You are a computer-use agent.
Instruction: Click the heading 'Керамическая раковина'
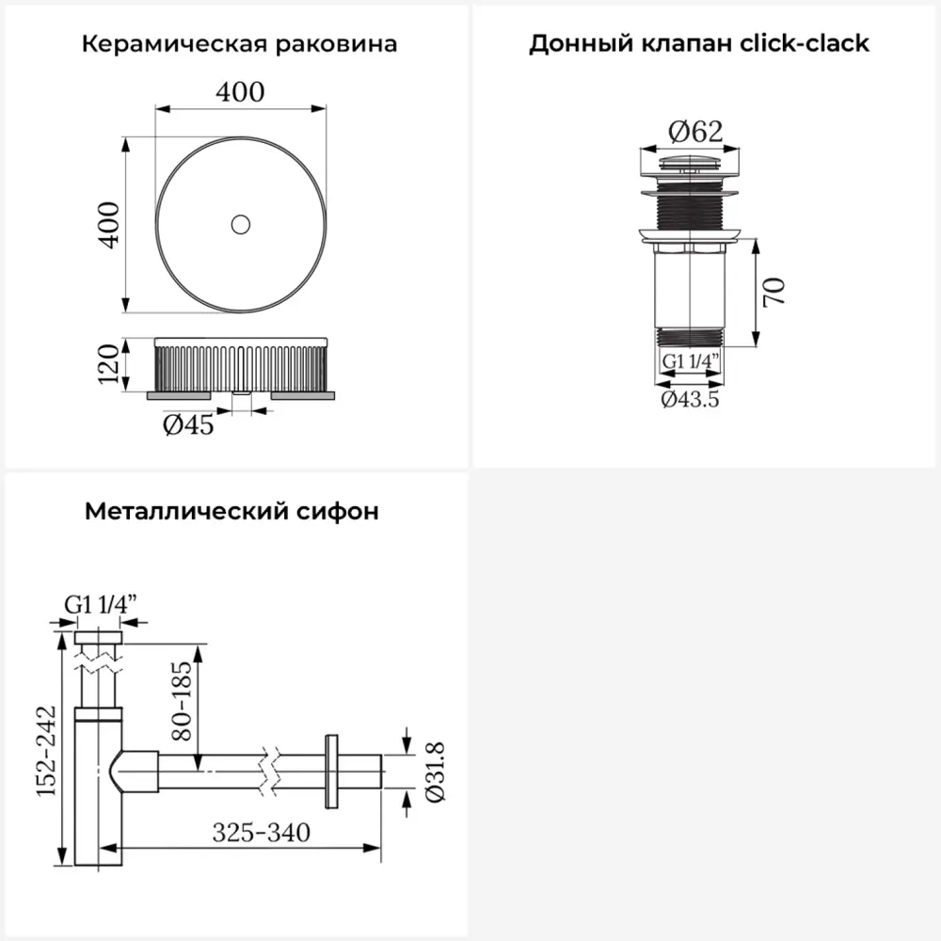tap(240, 44)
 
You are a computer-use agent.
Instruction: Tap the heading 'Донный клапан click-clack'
tap(698, 44)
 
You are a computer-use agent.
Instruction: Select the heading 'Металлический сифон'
tap(232, 512)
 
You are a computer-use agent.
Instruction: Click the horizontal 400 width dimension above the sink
tap(240, 92)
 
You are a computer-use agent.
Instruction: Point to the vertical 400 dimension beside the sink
tap(110, 224)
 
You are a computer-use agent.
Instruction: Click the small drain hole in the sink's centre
tap(241, 224)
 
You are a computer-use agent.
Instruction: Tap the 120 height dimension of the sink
tap(110, 363)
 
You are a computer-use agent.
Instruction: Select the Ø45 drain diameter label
tap(188, 425)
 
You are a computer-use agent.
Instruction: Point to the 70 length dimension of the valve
tap(774, 292)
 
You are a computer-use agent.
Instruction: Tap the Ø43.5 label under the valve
tap(690, 399)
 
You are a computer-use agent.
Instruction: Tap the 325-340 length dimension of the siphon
tap(261, 833)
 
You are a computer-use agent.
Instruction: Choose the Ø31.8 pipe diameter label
tap(434, 771)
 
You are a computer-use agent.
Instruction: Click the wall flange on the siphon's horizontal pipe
tap(331, 770)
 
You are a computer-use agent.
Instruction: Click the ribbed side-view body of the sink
tap(241, 366)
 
